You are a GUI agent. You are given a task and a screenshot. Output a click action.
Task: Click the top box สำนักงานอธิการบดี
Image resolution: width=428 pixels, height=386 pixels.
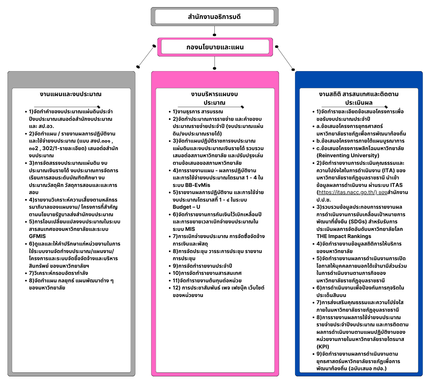click(214, 17)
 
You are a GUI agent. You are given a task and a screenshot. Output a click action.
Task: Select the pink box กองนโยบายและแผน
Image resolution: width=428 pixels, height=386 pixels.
click(215, 47)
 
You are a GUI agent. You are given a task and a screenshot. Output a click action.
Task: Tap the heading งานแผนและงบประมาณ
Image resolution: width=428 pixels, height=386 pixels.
click(71, 94)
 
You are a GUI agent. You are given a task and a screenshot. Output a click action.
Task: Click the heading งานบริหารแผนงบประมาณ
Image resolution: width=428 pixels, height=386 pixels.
click(214, 98)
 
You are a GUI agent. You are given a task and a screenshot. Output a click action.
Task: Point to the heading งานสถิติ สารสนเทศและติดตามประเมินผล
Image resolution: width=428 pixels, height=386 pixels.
click(359, 98)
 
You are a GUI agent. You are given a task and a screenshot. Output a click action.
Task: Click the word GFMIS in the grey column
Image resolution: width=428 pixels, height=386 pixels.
click(38, 236)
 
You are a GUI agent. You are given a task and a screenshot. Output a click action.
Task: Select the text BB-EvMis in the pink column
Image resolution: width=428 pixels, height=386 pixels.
click(196, 185)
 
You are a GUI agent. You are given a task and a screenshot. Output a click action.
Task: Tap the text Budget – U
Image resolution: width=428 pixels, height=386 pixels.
click(186, 207)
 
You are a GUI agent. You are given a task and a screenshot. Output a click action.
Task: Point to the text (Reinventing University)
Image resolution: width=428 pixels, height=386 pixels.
click(348, 155)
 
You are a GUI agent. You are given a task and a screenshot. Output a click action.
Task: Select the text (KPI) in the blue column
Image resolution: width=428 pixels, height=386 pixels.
click(323, 346)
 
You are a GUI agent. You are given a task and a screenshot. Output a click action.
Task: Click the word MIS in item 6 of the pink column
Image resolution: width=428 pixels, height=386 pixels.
click(190, 229)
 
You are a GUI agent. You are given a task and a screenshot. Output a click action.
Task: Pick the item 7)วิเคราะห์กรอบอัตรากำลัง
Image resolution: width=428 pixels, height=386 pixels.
click(59, 273)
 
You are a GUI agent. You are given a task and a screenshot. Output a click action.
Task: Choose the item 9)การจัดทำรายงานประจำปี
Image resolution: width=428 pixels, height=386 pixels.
click(202, 266)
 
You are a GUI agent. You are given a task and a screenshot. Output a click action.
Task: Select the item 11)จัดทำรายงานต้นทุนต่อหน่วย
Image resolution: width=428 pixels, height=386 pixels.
click(207, 281)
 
